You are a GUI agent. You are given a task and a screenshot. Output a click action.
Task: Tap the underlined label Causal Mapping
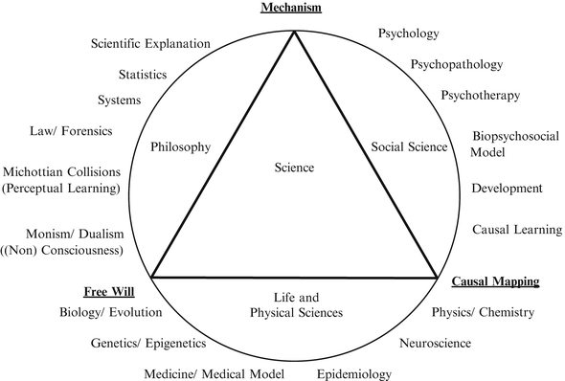pyautogui.click(x=495, y=281)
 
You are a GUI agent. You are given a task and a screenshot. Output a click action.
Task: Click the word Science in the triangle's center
pyautogui.click(x=293, y=168)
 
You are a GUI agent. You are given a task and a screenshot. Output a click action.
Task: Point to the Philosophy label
pyautogui.click(x=180, y=146)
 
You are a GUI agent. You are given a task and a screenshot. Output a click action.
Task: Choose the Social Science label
pyautogui.click(x=409, y=146)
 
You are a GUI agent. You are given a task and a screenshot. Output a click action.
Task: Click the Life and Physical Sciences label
pyautogui.click(x=295, y=304)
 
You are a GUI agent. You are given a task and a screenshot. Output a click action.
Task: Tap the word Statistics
pyautogui.click(x=143, y=74)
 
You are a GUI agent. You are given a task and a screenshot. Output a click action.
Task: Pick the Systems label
pyautogui.click(x=120, y=101)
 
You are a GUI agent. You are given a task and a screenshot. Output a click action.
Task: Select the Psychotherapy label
pyautogui.click(x=480, y=95)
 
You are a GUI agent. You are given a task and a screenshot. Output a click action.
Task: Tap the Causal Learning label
pyautogui.click(x=517, y=230)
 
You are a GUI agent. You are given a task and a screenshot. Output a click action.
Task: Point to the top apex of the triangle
pyautogui.click(x=294, y=32)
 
